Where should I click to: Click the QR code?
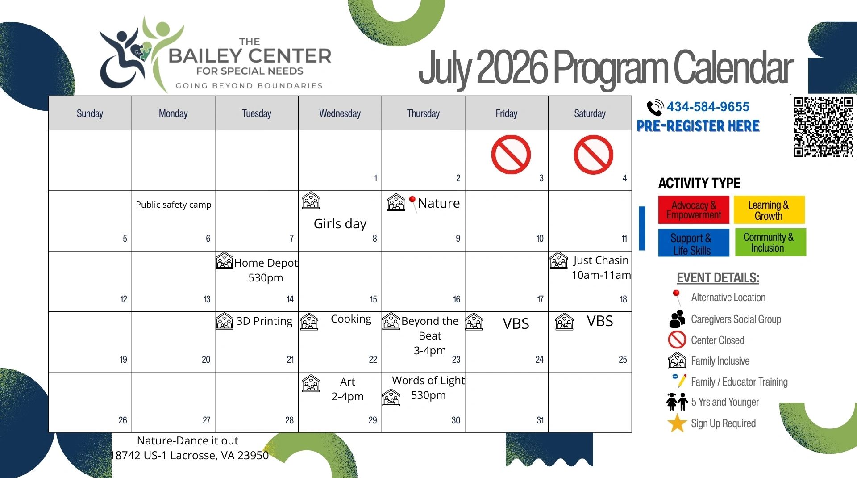(x=824, y=127)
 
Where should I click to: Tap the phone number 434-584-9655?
(x=708, y=107)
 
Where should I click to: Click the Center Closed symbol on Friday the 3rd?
(x=511, y=155)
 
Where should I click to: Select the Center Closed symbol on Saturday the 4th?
(x=593, y=155)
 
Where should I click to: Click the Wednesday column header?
(x=340, y=113)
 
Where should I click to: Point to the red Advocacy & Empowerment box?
(x=694, y=210)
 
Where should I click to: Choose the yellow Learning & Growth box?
(x=769, y=210)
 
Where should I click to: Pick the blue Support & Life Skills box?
(x=694, y=243)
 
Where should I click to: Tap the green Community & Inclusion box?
(x=770, y=242)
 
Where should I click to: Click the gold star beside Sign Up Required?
(x=677, y=423)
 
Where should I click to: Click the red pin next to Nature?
(x=413, y=203)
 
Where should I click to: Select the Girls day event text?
(x=340, y=223)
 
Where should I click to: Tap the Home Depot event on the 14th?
(x=266, y=270)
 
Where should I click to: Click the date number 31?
(x=540, y=420)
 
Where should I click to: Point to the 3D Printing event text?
(x=264, y=321)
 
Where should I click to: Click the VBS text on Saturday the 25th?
(x=600, y=321)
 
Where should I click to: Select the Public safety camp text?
(x=174, y=205)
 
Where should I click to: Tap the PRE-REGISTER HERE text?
(x=698, y=126)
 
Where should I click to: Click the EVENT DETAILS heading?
(x=718, y=278)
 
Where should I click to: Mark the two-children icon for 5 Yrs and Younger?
(x=677, y=402)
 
